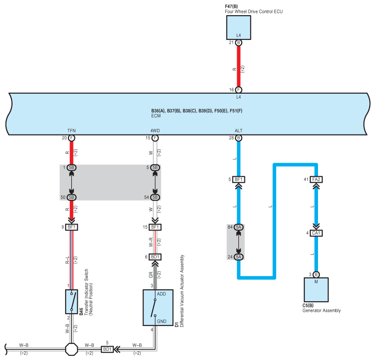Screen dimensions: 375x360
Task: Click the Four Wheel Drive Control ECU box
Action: [239, 28]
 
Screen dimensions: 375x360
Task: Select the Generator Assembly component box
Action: [316, 290]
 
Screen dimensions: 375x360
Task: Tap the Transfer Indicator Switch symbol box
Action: [72, 302]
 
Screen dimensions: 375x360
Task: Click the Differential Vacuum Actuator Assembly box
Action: [158, 308]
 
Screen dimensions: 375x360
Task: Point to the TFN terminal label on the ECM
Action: [72, 131]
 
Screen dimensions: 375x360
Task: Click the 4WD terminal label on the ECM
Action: [155, 131]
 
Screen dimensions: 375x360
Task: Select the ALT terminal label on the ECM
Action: [239, 131]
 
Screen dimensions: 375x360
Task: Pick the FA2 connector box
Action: [316, 180]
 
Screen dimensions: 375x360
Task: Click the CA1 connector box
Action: [316, 233]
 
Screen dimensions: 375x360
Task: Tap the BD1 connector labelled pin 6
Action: [155, 257]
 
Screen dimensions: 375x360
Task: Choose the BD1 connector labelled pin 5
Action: [107, 349]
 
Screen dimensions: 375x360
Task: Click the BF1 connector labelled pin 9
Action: [72, 227]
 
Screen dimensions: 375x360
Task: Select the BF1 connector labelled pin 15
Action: [155, 227]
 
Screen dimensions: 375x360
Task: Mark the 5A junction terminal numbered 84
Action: [239, 227]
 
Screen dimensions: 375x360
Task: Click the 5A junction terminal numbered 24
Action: [239, 257]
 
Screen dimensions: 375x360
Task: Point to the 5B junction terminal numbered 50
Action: [72, 197]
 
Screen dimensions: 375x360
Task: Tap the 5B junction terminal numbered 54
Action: [155, 197]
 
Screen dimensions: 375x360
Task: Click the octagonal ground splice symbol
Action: [72, 349]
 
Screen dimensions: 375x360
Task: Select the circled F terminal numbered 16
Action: [239, 90]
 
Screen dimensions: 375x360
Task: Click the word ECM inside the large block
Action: [156, 116]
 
